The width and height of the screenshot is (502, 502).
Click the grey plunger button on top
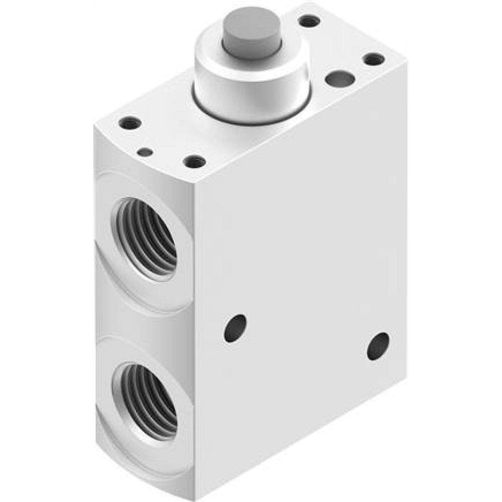pos(252,33)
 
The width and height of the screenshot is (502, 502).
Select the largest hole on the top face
pos(340,79)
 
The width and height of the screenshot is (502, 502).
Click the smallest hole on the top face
pos(145,152)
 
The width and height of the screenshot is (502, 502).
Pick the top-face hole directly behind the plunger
pos(309,21)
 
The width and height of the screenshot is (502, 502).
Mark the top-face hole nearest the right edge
pos(374,59)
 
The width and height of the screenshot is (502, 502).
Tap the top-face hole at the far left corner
pos(131,122)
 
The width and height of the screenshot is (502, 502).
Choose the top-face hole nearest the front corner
pos(194,162)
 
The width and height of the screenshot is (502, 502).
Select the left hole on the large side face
pos(235,328)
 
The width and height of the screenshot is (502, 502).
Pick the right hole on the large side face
pos(378,346)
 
